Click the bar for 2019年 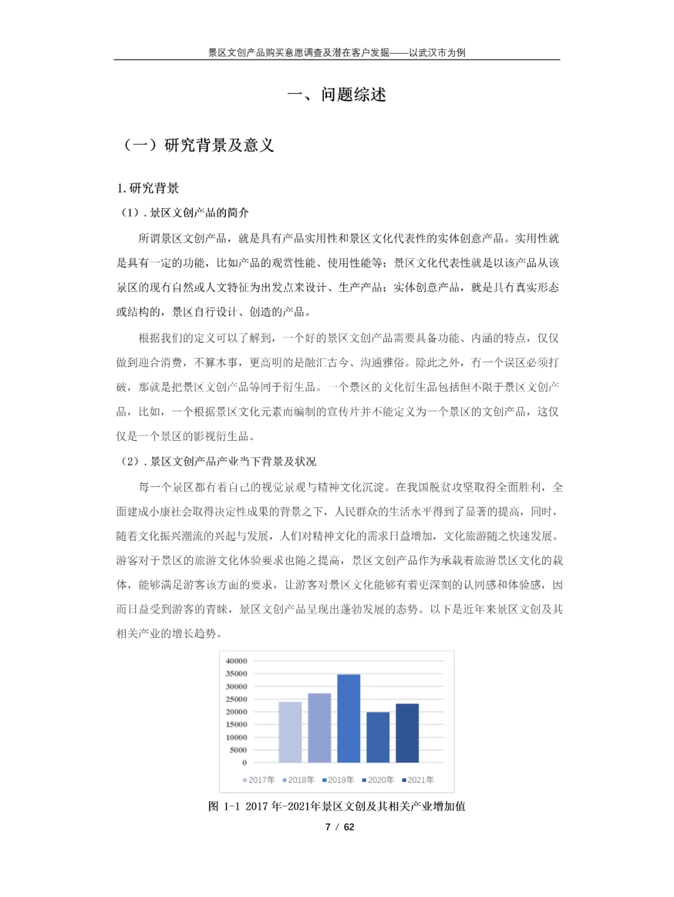[349, 718]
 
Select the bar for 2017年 [290, 732]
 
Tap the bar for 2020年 [378, 737]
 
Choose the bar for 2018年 [320, 727]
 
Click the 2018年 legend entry [298, 780]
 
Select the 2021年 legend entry [418, 780]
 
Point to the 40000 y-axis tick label [237, 661]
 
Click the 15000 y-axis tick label [237, 724]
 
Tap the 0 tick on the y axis [244, 762]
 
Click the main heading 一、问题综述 [337, 95]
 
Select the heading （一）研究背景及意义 [198, 145]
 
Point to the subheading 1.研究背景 [148, 188]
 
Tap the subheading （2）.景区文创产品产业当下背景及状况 [218, 461]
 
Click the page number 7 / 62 [339, 827]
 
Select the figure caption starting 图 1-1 [337, 806]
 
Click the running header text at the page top [337, 52]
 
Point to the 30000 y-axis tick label [237, 686]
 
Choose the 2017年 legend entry [258, 780]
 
